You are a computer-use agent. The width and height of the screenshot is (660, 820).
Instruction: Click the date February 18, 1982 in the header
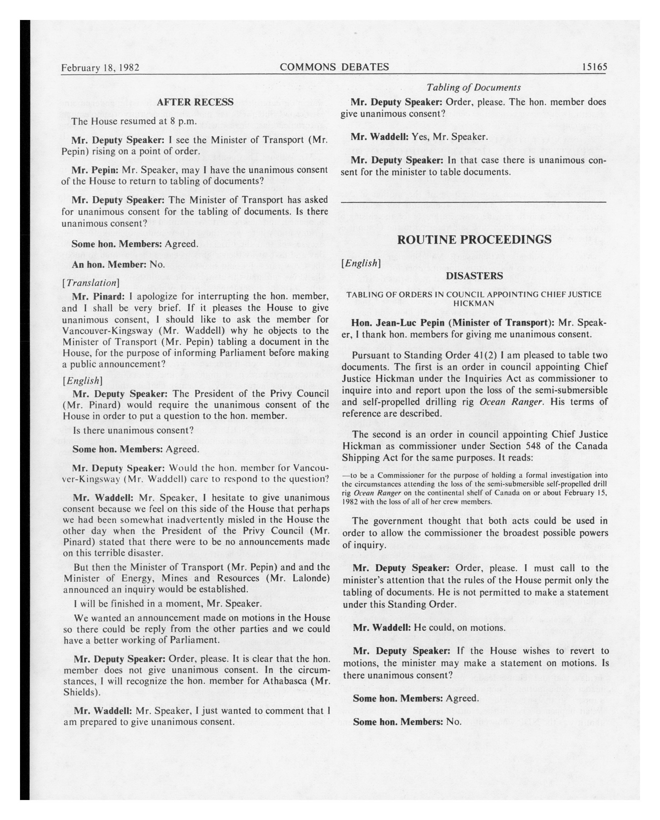coord(100,68)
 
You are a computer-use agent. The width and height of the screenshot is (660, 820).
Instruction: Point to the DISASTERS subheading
coord(474,276)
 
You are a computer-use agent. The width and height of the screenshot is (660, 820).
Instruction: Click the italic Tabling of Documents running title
coord(474,87)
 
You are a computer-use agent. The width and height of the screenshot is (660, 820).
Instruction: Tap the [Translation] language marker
coord(91,283)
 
